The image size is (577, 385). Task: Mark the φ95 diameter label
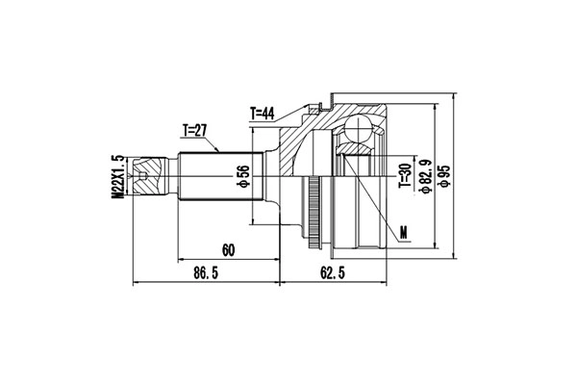point(443,175)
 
